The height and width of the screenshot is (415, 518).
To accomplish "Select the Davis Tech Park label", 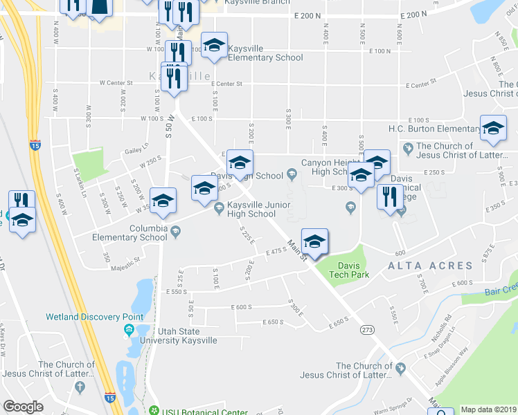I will tap(353, 270).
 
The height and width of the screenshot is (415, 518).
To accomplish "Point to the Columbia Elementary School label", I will tap(130, 232).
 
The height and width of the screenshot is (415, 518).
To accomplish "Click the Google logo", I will tap(23, 406).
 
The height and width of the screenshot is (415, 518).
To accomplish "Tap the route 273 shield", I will tap(366, 330).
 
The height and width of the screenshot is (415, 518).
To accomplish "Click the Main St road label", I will tap(298, 250).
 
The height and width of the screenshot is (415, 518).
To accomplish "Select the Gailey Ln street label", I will tap(136, 146).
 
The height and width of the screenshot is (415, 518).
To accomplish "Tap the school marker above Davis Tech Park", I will tap(314, 241).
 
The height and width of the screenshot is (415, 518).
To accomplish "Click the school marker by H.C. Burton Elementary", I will tap(493, 129).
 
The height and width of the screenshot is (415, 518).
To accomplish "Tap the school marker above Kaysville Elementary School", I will tap(215, 46).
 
